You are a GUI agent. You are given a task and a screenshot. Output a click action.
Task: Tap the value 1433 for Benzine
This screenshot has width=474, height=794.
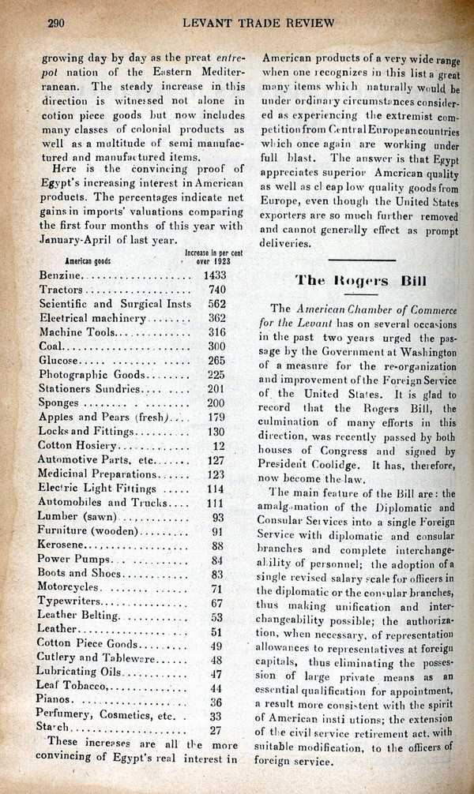click(x=215, y=275)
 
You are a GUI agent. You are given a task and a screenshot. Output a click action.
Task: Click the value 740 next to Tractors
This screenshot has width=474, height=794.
click(x=217, y=290)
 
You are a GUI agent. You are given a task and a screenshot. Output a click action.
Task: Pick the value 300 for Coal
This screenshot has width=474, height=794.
click(x=217, y=346)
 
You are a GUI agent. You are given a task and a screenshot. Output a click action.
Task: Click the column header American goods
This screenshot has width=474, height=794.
click(x=81, y=261)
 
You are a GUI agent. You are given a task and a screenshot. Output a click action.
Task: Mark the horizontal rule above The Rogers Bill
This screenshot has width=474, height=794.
click(x=361, y=260)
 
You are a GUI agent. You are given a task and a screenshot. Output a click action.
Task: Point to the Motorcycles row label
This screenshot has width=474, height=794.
click(x=69, y=588)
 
